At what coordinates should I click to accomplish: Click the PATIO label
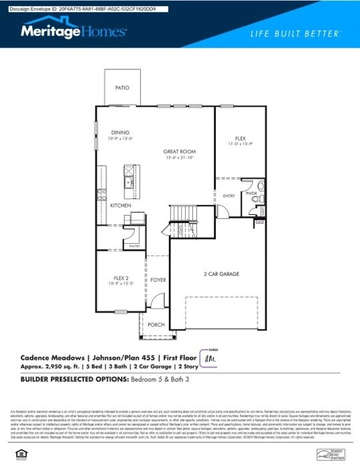tap(122, 87)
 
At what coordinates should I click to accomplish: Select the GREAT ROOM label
tap(178, 152)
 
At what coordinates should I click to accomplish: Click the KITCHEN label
tap(120, 205)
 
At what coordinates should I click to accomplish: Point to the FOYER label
tap(158, 280)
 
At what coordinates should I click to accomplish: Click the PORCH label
tap(156, 324)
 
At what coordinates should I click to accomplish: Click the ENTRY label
tap(229, 196)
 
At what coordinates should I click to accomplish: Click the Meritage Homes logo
tap(73, 31)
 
